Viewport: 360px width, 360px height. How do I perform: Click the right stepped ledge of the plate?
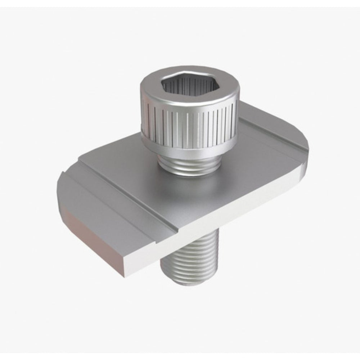[277, 126]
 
